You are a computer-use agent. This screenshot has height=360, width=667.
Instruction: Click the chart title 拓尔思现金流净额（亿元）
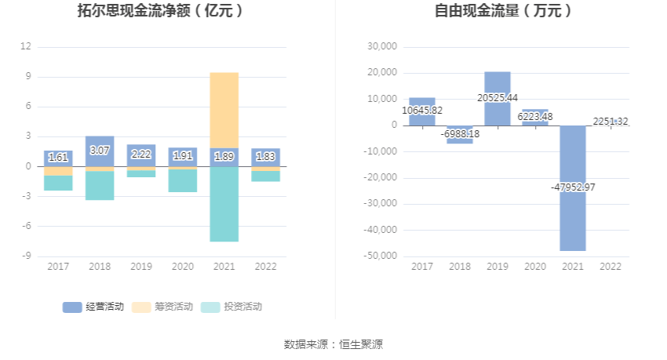tap(160, 11)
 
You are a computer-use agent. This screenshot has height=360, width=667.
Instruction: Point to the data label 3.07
tap(100, 150)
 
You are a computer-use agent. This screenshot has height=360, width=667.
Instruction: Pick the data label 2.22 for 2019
tap(141, 155)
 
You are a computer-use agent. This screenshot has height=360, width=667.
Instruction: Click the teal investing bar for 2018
tap(100, 185)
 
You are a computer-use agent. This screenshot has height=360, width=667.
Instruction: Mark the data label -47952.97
tap(574, 187)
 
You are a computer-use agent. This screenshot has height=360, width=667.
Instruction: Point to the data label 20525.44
tap(498, 97)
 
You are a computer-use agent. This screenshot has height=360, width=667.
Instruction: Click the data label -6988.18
tap(460, 134)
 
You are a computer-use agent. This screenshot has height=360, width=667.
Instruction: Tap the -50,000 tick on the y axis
tap(380, 256)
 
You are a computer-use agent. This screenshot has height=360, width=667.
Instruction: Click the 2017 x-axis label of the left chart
tap(58, 267)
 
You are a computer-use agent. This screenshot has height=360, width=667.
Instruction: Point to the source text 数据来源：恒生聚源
tap(333, 344)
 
